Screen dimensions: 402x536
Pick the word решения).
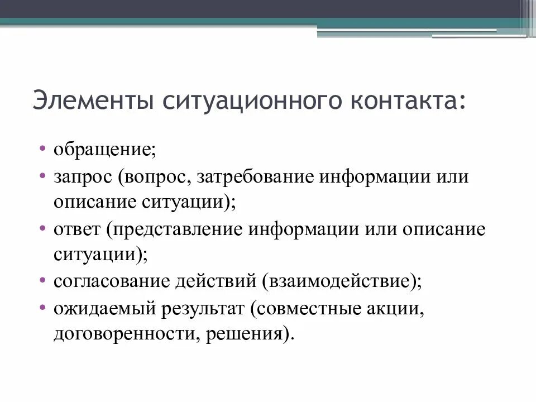coord(249,335)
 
